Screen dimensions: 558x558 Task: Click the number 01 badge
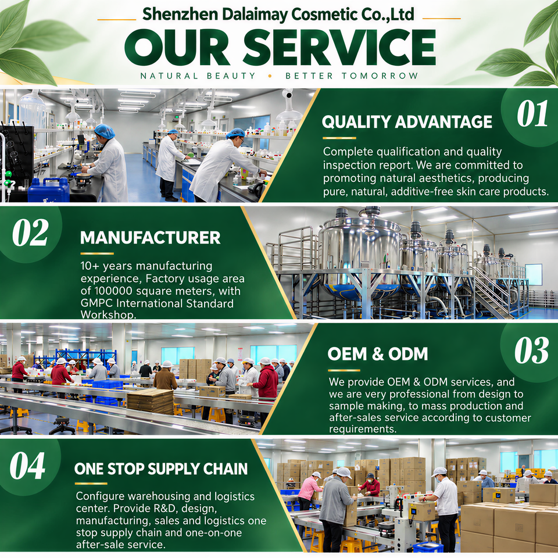click(532, 113)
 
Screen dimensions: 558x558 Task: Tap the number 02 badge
click(30, 233)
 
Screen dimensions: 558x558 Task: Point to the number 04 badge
click(28, 466)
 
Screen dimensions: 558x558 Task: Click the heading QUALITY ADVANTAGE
click(407, 121)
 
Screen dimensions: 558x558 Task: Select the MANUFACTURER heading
click(150, 238)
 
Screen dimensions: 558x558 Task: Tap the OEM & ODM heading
click(378, 354)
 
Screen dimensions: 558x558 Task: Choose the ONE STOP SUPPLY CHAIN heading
click(161, 468)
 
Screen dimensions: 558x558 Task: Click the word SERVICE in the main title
click(339, 47)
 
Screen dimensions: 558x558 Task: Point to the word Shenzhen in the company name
click(180, 15)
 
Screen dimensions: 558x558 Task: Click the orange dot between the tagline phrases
click(270, 76)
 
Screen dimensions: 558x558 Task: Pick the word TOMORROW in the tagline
click(380, 76)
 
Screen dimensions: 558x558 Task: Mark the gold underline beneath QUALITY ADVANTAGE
click(339, 138)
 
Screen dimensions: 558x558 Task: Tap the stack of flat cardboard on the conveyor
click(151, 401)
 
